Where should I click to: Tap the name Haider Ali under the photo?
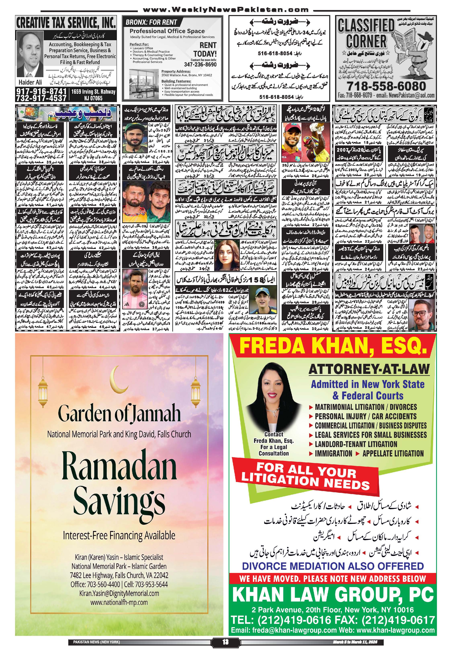pyautogui.click(x=30, y=82)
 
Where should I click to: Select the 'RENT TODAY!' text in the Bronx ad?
pyautogui.click(x=205, y=50)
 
